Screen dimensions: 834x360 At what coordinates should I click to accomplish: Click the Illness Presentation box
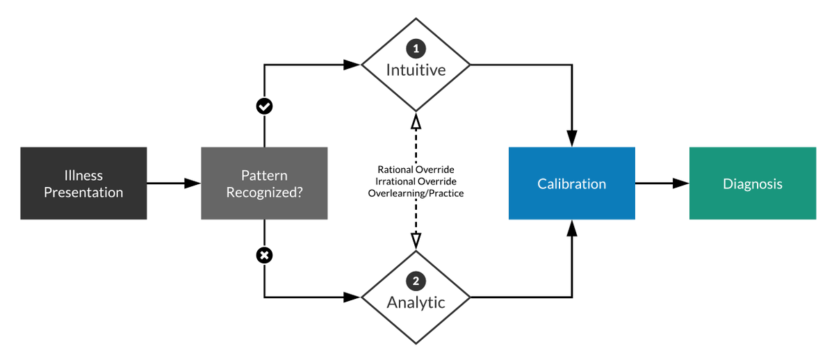point(83,183)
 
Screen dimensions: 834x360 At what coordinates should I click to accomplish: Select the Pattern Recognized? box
point(264,183)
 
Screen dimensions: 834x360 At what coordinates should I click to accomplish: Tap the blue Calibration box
point(572,183)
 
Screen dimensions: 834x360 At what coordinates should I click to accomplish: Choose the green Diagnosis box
point(753,183)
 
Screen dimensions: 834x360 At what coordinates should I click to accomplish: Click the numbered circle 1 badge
point(416,49)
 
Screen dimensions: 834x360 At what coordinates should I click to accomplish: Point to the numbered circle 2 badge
point(416,281)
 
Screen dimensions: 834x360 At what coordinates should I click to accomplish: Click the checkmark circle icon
point(264,106)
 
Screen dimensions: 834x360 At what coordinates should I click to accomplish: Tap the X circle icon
point(264,255)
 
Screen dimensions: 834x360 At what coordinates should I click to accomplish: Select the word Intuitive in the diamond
point(416,70)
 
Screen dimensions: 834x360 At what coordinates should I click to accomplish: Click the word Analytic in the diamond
point(416,302)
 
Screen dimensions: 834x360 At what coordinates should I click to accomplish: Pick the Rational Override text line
point(416,170)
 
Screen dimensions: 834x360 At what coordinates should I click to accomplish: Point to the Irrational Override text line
point(416,181)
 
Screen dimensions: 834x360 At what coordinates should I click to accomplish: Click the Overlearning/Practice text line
point(416,193)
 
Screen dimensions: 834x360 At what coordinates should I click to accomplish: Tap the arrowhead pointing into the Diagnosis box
point(681,183)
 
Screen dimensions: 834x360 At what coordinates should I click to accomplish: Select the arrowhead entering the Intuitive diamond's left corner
point(352,65)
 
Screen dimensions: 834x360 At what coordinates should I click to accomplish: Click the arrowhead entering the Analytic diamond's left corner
point(352,297)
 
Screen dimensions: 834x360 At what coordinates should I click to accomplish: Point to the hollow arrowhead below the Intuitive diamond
point(416,122)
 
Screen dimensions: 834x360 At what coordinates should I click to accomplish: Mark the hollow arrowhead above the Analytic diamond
point(416,241)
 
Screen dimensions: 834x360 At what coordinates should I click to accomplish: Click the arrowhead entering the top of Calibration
point(572,138)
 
